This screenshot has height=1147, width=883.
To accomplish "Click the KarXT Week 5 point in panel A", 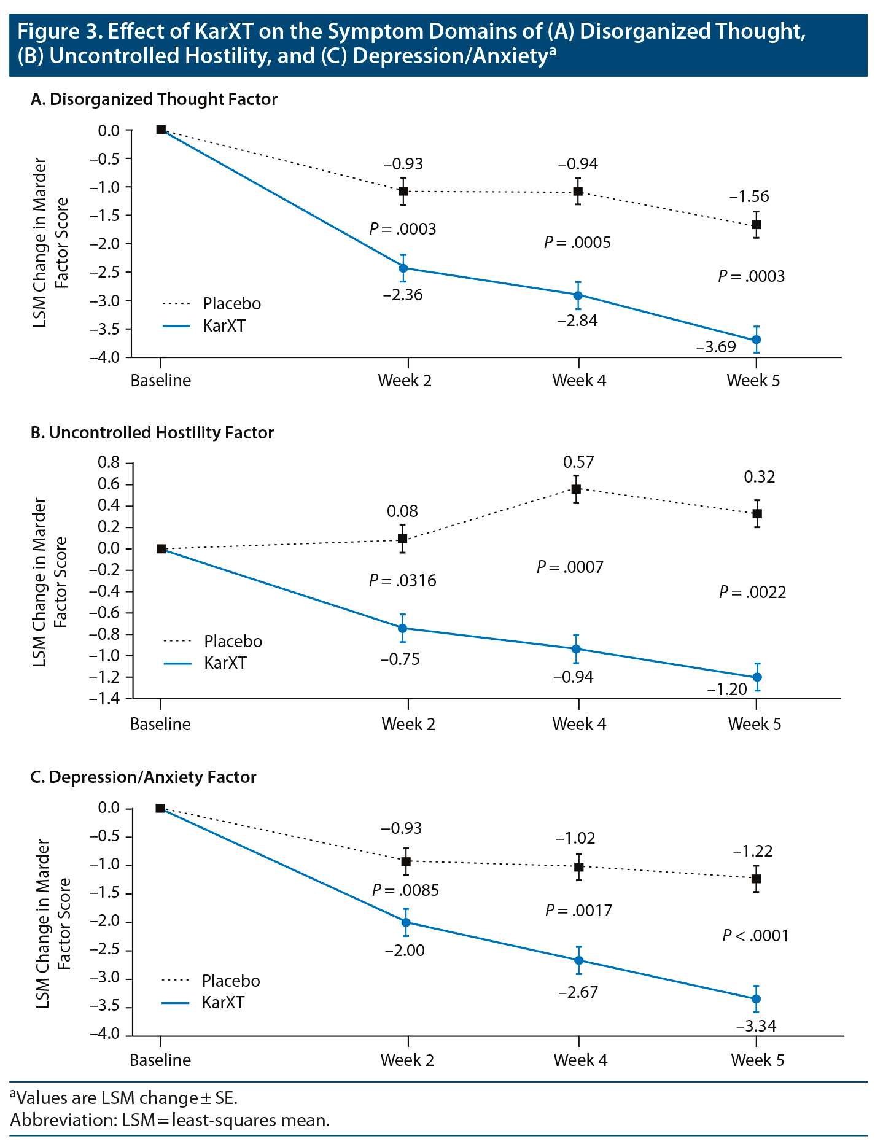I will tap(757, 340).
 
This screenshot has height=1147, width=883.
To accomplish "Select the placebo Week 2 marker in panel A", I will tap(403, 192).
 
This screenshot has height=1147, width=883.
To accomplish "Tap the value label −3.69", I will tap(716, 347).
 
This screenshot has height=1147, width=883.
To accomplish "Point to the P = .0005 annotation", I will tap(577, 243).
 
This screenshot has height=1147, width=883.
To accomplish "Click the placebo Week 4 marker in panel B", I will tap(577, 489).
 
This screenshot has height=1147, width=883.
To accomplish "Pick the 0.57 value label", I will tap(578, 462).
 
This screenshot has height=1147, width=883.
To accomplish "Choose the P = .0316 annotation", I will tap(403, 580).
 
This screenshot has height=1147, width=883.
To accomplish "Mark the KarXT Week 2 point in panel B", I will tap(403, 628).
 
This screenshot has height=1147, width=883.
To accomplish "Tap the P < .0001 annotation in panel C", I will tap(755, 936).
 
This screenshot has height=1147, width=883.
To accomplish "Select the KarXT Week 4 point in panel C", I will tap(578, 960).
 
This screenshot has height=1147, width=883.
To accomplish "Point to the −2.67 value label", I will tap(578, 992).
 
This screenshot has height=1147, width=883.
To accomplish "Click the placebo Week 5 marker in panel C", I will tap(757, 878).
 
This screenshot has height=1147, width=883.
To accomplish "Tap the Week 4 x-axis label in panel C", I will tap(580, 1060).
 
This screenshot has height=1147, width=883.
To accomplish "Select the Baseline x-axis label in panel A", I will tap(160, 381).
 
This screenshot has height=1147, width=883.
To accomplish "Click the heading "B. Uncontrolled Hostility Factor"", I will tap(152, 433).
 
